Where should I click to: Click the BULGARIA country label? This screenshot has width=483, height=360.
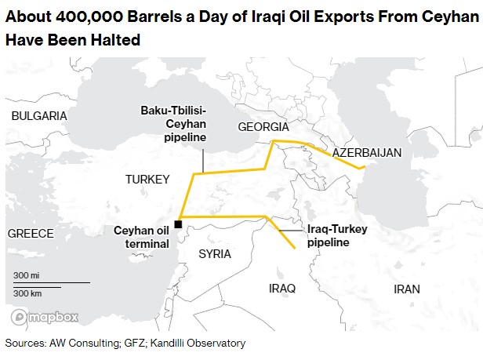pos(39,115)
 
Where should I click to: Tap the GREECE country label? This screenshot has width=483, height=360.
pos(31,233)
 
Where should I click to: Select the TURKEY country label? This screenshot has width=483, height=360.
pos(147,180)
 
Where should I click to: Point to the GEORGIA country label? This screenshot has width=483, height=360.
pos(263,127)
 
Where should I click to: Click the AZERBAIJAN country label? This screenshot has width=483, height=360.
pos(367,151)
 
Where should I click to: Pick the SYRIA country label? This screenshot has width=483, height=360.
pos(215,253)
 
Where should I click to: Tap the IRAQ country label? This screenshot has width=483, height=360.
pos(282,289)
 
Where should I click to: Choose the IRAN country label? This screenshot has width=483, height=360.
pos(407,289)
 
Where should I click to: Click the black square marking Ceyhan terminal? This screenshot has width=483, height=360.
pos(179,224)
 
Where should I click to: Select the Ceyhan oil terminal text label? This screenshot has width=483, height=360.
pos(141,237)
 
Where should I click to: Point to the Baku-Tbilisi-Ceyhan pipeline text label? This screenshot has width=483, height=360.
pos(173,123)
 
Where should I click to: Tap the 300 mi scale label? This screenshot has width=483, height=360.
pos(26,275)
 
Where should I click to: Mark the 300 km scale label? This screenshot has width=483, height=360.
pos(27,292)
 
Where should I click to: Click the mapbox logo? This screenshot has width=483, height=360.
pos(45,318)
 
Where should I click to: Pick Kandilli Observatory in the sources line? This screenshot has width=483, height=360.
pos(203,343)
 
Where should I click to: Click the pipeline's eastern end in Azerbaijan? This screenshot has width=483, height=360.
pos(361,168)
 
